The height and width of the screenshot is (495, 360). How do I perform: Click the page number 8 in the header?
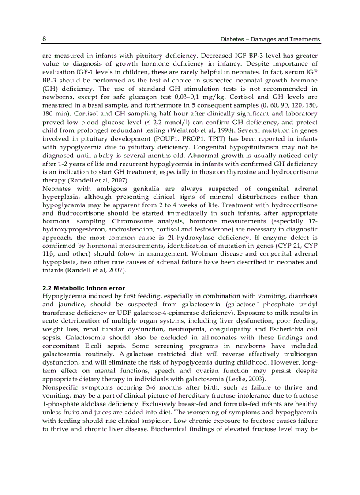tap(44, 39)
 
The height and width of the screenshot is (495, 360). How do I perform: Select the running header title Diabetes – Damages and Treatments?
tap(270, 39)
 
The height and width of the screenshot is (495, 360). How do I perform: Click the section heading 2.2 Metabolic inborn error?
tap(83, 288)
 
